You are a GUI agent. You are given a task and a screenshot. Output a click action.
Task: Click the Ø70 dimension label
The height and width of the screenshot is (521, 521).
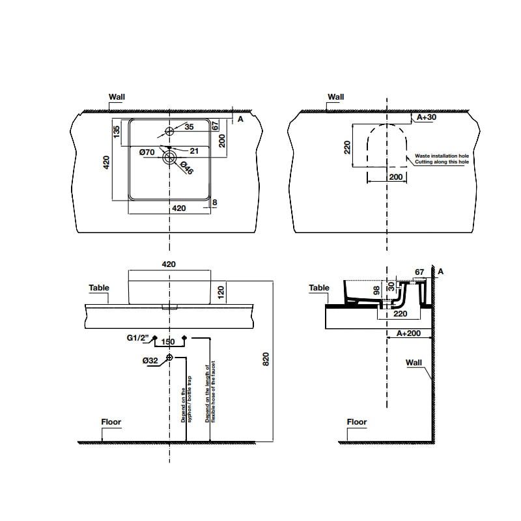pos(148,152)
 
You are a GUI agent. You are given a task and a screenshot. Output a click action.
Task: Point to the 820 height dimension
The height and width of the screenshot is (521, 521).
pos(265,359)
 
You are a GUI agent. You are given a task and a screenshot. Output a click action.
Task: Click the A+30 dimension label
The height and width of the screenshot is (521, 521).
pos(427,117)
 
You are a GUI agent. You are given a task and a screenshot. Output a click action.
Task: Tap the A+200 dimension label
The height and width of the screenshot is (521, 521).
pos(408,333)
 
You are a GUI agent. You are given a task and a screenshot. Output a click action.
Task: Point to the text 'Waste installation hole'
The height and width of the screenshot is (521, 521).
pos(442,156)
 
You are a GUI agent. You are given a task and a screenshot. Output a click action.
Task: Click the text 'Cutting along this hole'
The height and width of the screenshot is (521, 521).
pos(442,162)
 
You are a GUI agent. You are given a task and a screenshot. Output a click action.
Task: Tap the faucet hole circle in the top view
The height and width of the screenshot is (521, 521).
pos(170,132)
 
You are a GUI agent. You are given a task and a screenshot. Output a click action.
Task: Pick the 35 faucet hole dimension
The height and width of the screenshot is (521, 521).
pos(189,128)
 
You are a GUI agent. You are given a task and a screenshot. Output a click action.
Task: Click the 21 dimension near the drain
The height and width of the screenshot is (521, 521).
pos(194,150)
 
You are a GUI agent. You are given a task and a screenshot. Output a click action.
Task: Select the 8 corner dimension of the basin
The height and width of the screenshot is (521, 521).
pos(214,203)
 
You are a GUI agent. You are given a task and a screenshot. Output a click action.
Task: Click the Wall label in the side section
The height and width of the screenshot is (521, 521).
pos(414,363)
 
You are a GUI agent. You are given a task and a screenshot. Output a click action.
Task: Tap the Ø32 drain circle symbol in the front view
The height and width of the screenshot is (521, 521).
pos(170,358)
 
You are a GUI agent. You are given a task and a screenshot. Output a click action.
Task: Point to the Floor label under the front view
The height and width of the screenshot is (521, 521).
pos(111,422)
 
